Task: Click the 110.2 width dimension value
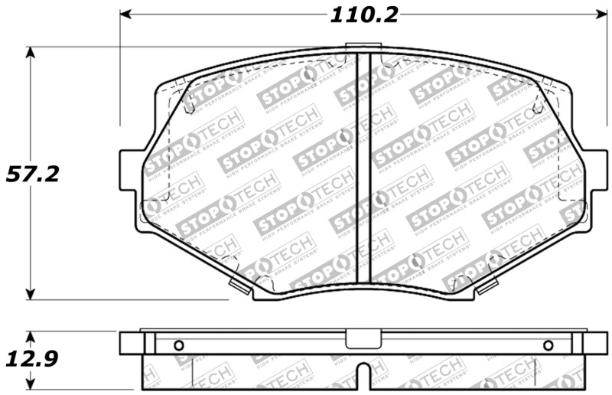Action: (x=365, y=15)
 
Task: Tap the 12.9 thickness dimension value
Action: (x=32, y=357)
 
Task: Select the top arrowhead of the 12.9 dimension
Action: (x=30, y=336)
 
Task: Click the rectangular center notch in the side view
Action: (x=357, y=338)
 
